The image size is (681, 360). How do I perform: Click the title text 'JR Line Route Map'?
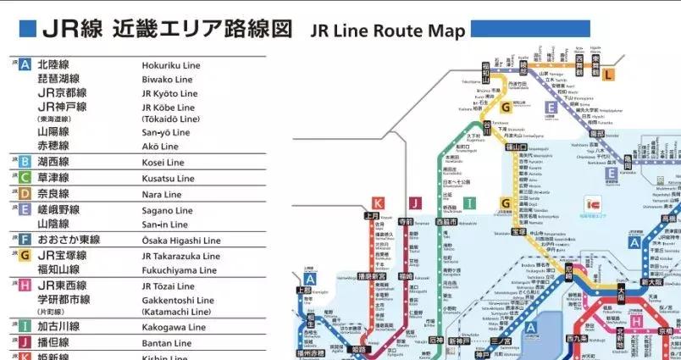388,31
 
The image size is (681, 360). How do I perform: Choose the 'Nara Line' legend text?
162,194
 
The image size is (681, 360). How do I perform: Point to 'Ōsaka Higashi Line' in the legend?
180,241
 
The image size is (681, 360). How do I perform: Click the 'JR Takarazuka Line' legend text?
180,256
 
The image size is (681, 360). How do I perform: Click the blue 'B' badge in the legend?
25,162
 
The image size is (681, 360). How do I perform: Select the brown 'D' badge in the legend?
25,194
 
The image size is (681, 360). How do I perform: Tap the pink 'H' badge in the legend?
25,286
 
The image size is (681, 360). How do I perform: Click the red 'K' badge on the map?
378,202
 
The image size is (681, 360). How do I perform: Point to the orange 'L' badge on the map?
608,75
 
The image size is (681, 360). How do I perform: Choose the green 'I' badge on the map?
469,202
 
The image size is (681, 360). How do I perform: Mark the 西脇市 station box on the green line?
446,222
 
